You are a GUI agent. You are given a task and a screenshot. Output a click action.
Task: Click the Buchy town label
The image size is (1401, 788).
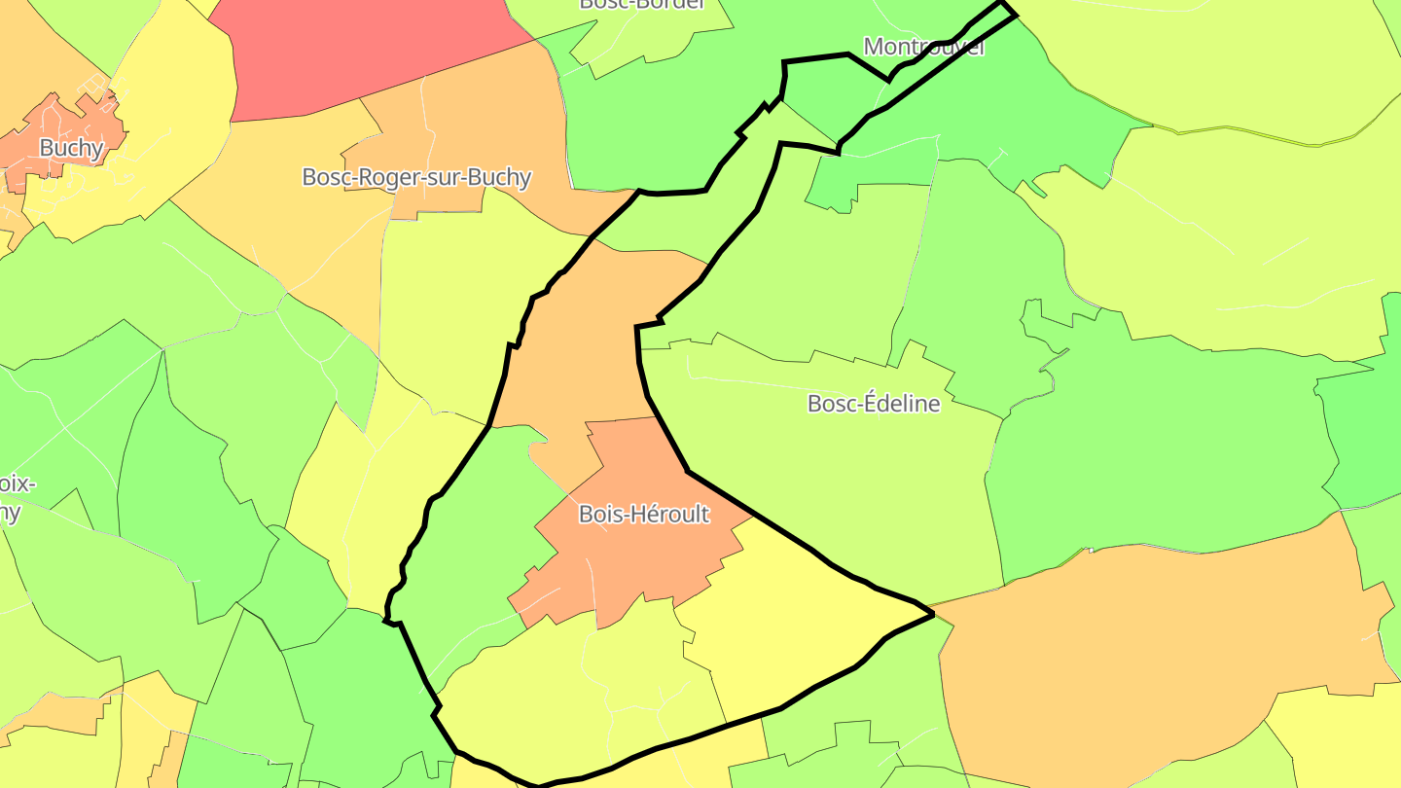tap(71, 148)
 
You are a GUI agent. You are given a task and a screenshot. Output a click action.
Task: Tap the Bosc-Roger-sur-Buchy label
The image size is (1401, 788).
tap(416, 177)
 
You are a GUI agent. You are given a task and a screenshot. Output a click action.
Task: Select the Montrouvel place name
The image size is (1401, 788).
tap(923, 46)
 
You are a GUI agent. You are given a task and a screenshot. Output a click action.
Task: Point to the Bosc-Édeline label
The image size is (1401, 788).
tap(874, 403)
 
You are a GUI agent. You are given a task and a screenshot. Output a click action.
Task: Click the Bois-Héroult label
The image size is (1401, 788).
tap(644, 514)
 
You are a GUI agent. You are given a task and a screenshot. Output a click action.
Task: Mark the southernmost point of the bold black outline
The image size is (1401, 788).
tap(538, 784)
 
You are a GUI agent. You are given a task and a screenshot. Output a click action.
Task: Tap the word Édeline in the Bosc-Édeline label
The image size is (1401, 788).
tap(900, 403)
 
